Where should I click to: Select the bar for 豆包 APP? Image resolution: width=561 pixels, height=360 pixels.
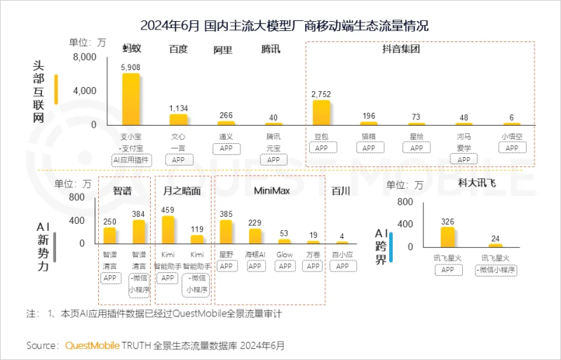point(321,113)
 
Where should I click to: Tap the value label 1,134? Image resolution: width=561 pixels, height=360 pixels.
point(178,108)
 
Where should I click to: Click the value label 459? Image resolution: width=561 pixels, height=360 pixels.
point(168,209)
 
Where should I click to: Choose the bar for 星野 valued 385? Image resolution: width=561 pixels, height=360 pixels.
point(226,232)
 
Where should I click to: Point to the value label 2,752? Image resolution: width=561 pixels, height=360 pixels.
point(321,94)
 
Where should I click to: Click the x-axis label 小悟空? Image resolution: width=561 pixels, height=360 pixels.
point(511,136)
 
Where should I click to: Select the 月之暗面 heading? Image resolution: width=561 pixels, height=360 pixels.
point(182,190)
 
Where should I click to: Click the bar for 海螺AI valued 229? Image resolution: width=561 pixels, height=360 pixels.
point(255,236)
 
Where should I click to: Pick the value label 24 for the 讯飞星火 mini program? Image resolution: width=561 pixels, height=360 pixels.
point(496,237)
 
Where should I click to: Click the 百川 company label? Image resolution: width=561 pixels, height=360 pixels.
point(341,190)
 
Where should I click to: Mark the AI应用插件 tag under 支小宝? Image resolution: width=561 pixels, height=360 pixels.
point(131,160)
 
